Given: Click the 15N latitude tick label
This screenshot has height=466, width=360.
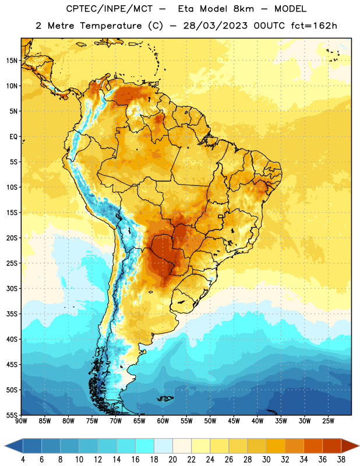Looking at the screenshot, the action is pyautogui.click(x=12, y=61).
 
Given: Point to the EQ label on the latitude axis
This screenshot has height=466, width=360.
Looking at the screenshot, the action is pyautogui.click(x=13, y=137).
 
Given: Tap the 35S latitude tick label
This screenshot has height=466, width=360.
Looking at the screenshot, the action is pyautogui.click(x=12, y=314).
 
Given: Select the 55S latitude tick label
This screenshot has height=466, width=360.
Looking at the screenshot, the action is pyautogui.click(x=12, y=415).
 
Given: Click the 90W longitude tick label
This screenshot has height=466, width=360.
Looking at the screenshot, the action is pyautogui.click(x=21, y=421).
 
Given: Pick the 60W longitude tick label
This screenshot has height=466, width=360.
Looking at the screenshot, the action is pyautogui.click(x=163, y=421).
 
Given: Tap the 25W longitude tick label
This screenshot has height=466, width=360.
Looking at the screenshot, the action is pyautogui.click(x=328, y=421).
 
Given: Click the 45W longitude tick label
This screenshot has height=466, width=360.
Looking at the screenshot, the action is pyautogui.click(x=234, y=421).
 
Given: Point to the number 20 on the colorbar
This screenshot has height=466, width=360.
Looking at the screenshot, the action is pyautogui.click(x=172, y=460).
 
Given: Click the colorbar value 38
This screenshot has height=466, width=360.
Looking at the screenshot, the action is pyautogui.click(x=341, y=460).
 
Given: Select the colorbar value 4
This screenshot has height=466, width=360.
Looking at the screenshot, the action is pyautogui.click(x=23, y=460).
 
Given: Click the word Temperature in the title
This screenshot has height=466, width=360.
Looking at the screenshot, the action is pyautogui.click(x=111, y=26).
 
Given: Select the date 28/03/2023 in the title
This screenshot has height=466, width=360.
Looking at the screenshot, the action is pyautogui.click(x=215, y=26).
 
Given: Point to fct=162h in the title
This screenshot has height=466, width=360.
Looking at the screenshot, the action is pyautogui.click(x=314, y=26).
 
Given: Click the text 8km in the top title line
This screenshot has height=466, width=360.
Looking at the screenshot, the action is pyautogui.click(x=243, y=9).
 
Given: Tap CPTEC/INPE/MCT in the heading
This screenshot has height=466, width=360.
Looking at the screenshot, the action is pyautogui.click(x=109, y=9).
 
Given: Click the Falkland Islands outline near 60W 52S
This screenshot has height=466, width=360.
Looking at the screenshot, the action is pyautogui.click(x=165, y=398).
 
